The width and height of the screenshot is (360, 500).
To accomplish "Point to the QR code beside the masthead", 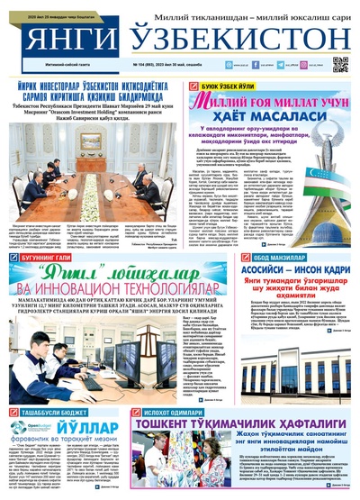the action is coord(340,64).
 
